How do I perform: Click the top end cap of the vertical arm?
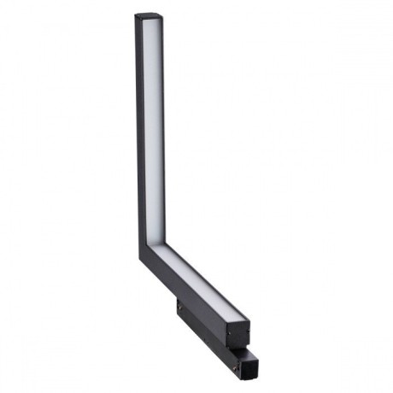click(148, 15)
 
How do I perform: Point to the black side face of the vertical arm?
click(141, 128)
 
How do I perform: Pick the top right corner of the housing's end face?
click(250, 323)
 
